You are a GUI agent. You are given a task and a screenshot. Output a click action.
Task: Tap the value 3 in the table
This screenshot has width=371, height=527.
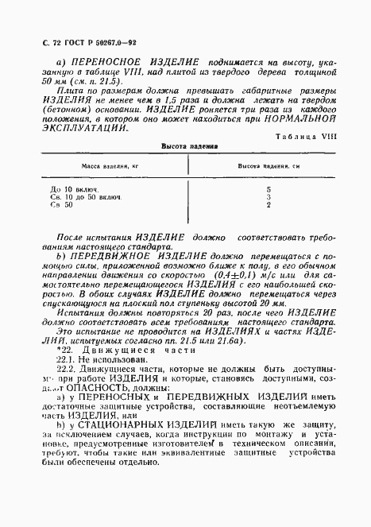269,198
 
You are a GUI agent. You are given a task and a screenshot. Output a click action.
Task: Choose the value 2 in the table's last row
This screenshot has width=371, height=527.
269,206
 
